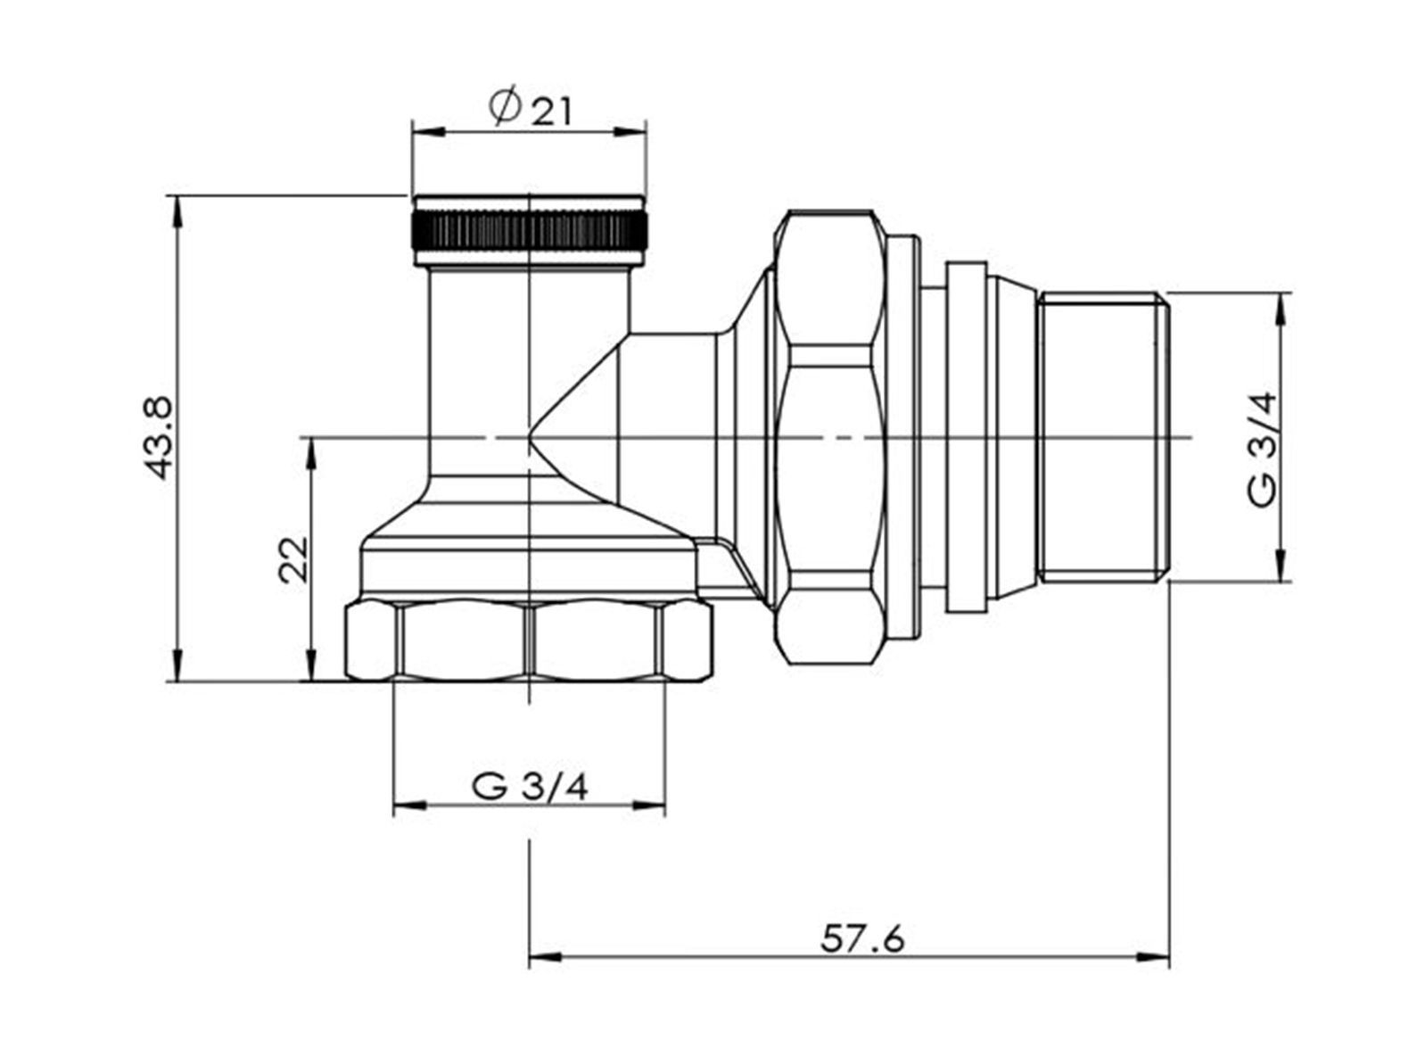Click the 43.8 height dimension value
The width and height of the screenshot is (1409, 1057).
[158, 437]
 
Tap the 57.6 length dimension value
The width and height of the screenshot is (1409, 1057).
[862, 940]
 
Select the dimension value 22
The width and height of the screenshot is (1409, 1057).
[294, 559]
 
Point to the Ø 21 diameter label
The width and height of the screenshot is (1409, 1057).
[530, 109]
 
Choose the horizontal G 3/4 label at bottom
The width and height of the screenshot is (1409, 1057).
[530, 788]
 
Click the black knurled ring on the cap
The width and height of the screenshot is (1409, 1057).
[529, 231]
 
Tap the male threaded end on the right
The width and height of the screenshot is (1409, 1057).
[1103, 437]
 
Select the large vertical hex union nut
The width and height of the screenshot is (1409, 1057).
[828, 437]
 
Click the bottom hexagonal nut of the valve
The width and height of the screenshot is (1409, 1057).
[528, 640]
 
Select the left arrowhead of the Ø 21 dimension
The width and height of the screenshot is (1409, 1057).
[428, 132]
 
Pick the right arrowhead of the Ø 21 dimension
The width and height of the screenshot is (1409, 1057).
[630, 132]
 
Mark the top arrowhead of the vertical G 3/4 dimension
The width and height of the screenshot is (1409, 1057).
[1282, 310]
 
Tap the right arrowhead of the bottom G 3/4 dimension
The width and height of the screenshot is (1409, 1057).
[649, 805]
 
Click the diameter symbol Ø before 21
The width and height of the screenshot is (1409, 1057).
[505, 107]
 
